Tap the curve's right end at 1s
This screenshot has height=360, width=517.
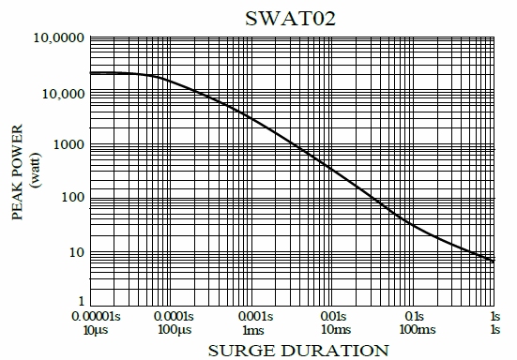[494, 261]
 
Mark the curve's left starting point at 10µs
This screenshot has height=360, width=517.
[91, 73]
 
